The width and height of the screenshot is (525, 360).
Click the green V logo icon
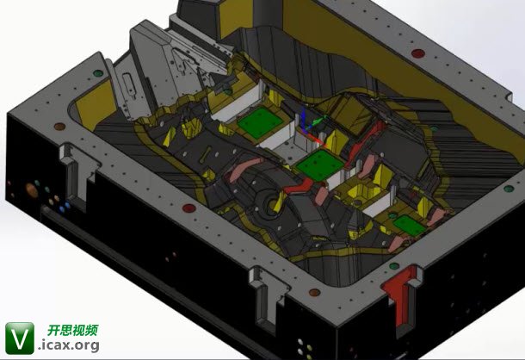click(x=20, y=338)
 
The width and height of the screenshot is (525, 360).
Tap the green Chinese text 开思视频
click(x=73, y=330)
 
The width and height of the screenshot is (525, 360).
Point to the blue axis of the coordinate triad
click(x=304, y=118)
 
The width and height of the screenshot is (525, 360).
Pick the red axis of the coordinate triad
click(x=314, y=137)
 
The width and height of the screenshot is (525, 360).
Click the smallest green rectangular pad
click(x=410, y=225)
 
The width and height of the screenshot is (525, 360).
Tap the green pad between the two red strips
click(x=320, y=165)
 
